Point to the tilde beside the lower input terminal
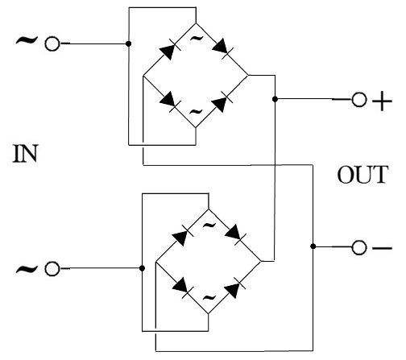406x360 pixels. [24, 267]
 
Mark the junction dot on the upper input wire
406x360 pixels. [127, 43]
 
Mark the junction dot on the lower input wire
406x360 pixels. [142, 268]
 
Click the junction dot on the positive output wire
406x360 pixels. [275, 100]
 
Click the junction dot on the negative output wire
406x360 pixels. [313, 248]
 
